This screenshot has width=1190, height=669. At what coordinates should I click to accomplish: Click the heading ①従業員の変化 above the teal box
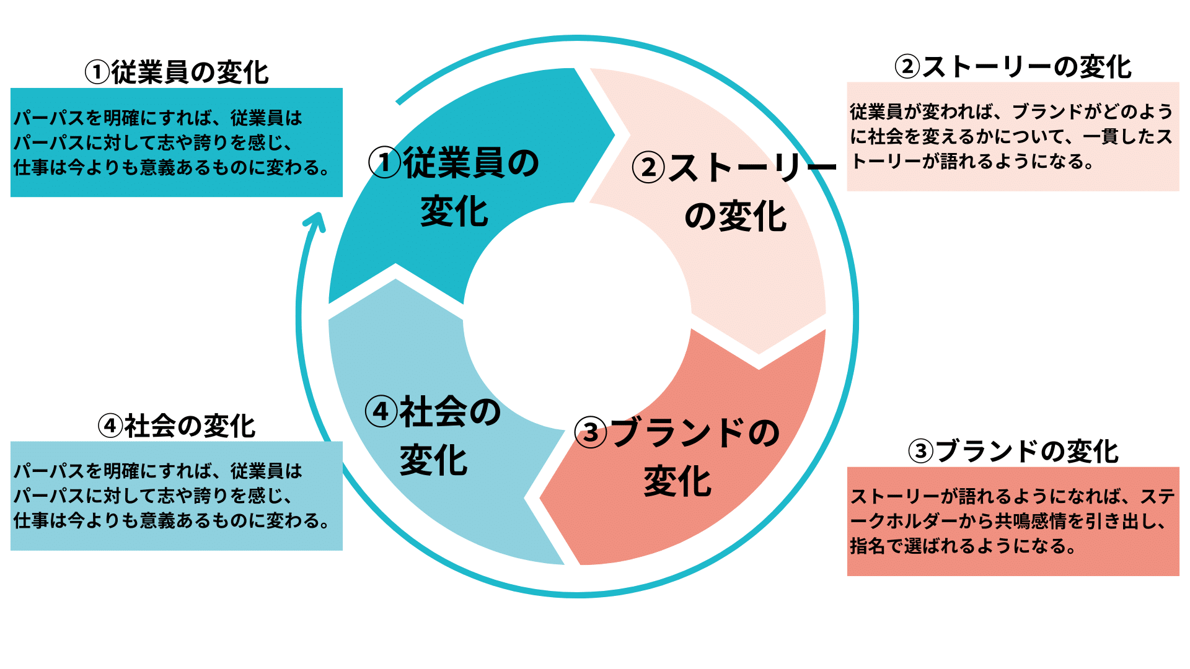coord(177,72)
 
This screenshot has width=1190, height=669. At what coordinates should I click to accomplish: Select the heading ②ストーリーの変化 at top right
coord(1013,67)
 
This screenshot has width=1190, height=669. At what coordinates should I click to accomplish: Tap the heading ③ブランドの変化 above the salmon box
coord(1013,452)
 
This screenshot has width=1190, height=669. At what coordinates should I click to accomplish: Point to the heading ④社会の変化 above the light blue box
coord(177,426)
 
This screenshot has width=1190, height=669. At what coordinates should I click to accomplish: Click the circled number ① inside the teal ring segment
coord(385,163)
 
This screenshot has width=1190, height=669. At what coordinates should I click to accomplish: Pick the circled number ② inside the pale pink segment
coord(649,168)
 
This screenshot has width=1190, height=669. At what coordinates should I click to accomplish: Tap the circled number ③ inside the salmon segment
coord(591,432)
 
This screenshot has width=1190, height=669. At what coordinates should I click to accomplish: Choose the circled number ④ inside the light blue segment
coord(381,412)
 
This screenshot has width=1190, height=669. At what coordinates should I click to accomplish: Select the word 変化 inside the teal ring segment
coord(454,211)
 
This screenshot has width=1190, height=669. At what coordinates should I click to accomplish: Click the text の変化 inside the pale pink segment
coord(736,217)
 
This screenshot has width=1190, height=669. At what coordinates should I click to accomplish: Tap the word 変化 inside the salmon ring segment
coord(677,482)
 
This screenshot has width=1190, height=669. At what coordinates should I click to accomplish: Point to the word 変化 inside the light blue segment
coord(433,461)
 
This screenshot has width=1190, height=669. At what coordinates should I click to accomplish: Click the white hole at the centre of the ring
coord(577,316)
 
